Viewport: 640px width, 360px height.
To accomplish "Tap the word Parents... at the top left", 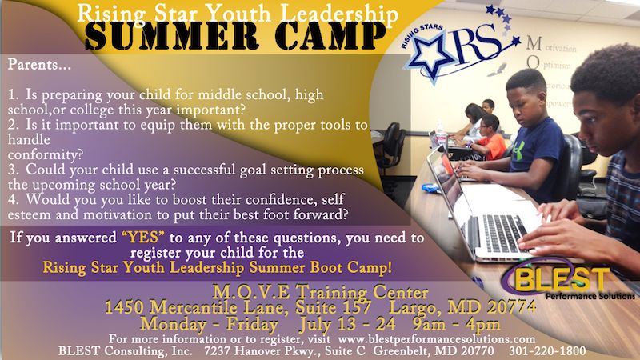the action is click(39, 65).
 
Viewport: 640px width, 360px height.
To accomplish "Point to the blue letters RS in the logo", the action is click(478, 44).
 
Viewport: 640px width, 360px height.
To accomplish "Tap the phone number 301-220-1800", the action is click(547, 350).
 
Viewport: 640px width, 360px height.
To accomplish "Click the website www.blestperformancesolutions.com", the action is click(436, 338).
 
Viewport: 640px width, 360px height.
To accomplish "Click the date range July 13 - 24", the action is click(347, 325).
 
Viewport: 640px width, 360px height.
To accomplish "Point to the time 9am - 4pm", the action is click(456, 325).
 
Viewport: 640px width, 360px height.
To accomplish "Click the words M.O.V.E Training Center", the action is click(321, 292).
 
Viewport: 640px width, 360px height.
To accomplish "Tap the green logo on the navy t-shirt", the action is click(518, 151).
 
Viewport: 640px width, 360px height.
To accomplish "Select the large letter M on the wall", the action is click(534, 43).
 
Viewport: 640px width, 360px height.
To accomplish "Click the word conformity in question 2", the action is click(46, 154).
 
